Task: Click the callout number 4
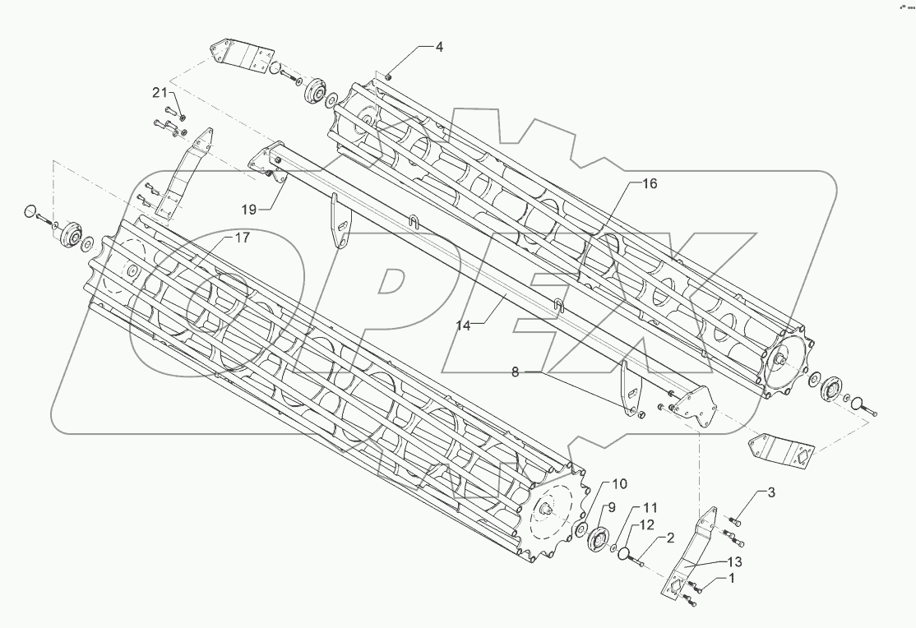click(439, 48)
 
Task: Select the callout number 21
click(159, 91)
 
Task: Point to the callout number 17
click(241, 238)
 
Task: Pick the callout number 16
click(650, 184)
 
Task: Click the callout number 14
click(464, 326)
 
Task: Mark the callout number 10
click(618, 484)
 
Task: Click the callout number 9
click(611, 506)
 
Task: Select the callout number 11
click(650, 507)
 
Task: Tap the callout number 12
click(648, 524)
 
